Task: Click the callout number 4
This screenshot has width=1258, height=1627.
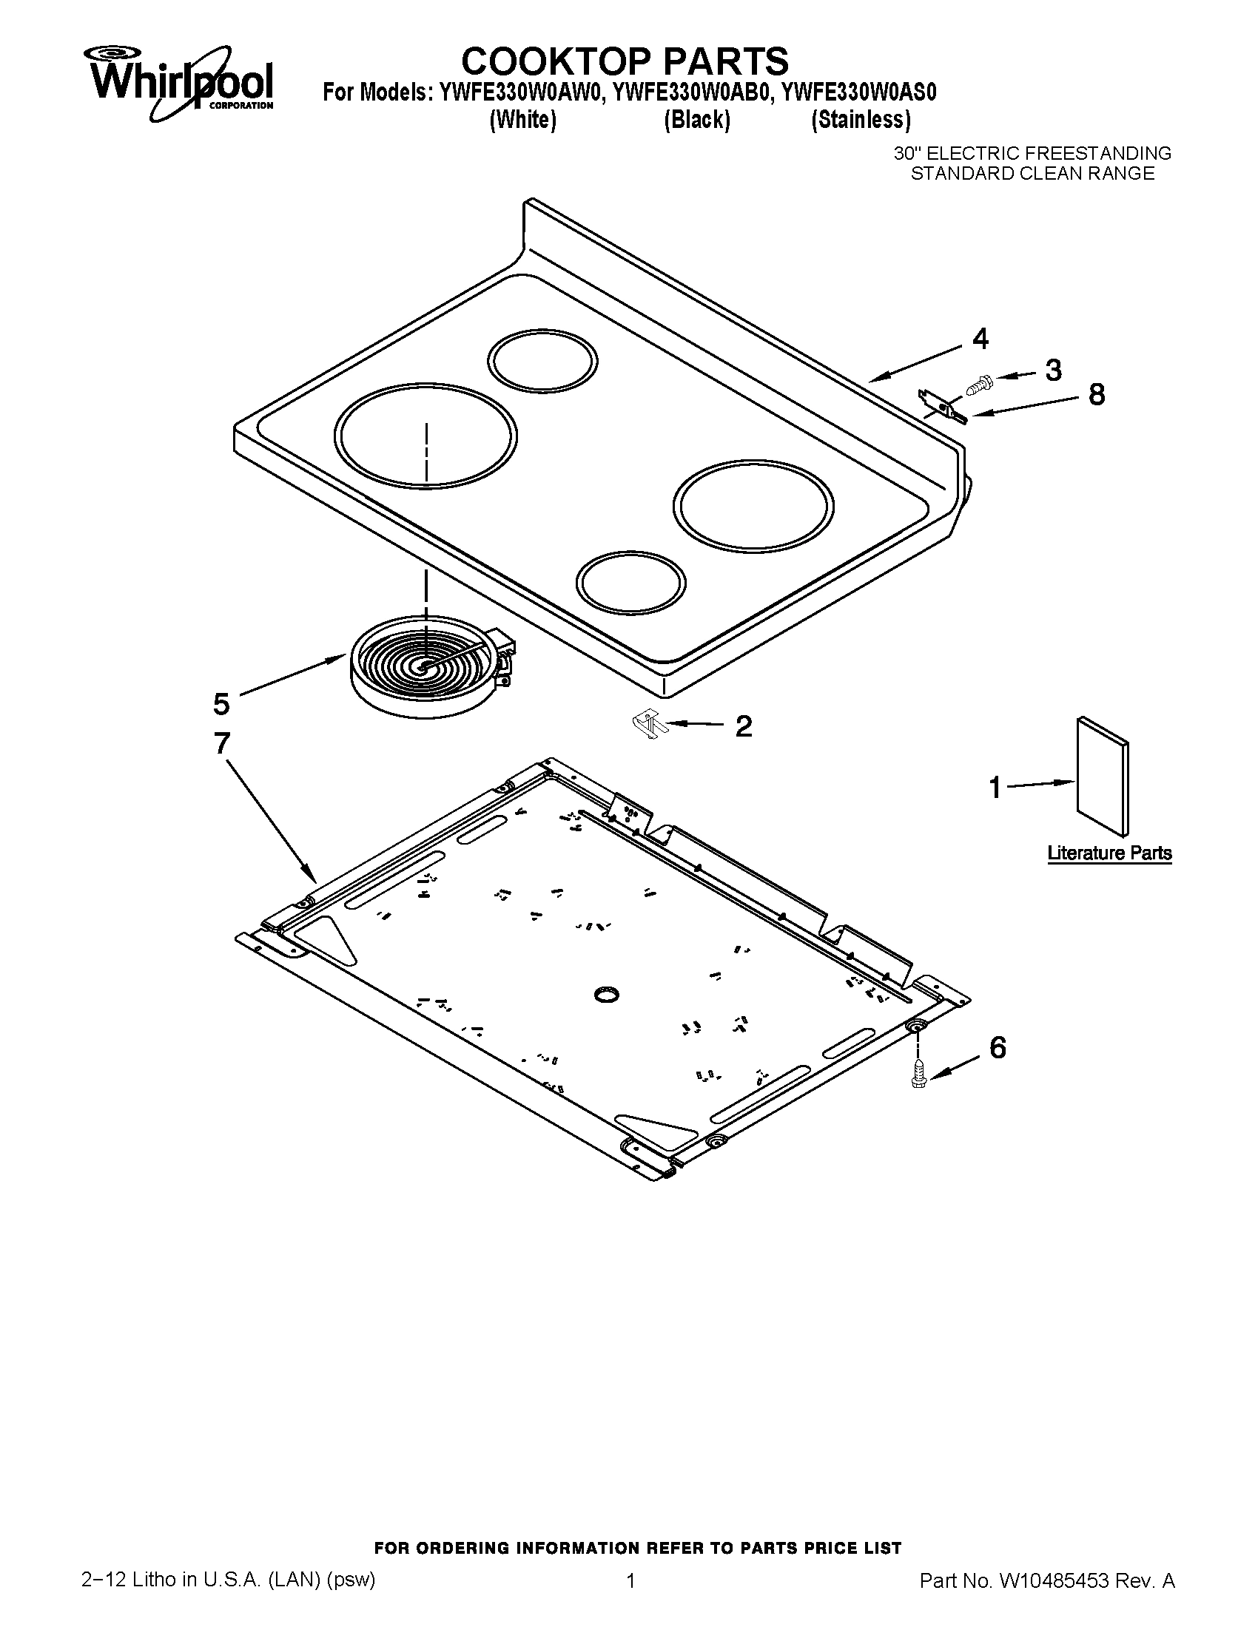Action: click(x=980, y=339)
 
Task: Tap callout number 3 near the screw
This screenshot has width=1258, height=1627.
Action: click(x=1052, y=371)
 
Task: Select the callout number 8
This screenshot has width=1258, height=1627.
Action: click(x=1096, y=395)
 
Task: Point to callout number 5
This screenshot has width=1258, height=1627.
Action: click(x=221, y=703)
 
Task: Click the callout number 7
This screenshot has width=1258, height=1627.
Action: click(x=222, y=744)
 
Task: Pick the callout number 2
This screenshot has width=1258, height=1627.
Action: click(x=743, y=725)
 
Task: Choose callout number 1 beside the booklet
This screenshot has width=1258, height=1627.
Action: click(x=995, y=788)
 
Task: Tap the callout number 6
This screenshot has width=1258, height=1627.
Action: click(x=998, y=1048)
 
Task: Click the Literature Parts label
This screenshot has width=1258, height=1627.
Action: click(x=1109, y=853)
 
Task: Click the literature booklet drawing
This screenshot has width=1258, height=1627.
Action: click(x=1102, y=777)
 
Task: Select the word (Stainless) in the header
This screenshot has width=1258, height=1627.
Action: click(x=860, y=119)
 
